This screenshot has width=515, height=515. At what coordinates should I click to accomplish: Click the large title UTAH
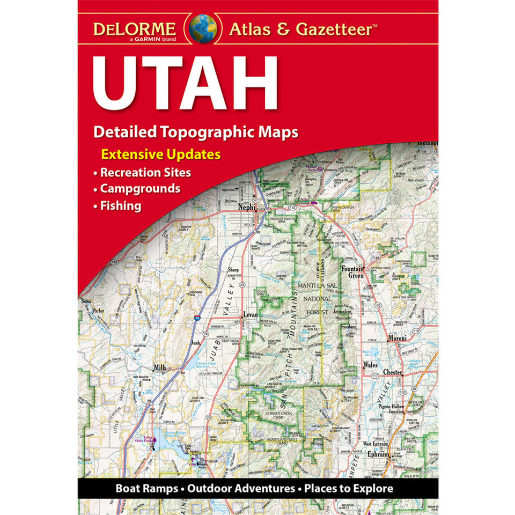185,83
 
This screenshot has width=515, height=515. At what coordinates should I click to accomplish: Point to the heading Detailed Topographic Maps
195,131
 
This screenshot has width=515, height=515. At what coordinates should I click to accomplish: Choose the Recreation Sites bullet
145,173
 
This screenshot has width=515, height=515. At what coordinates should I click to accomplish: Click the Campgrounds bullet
139,189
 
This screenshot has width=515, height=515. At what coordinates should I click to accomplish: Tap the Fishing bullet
120,205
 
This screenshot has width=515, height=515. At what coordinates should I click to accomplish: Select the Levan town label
251,315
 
